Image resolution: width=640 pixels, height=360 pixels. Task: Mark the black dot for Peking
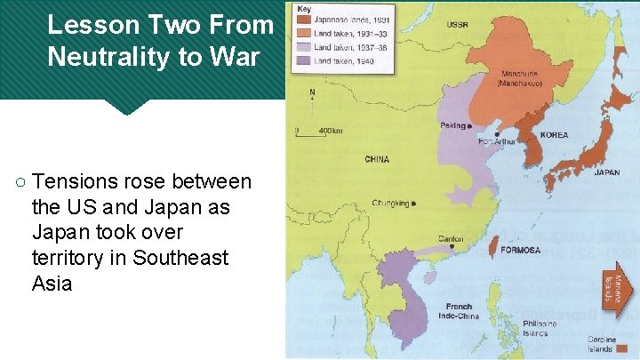(x=471, y=127)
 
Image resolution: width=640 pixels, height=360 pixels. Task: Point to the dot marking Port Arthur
(x=497, y=135)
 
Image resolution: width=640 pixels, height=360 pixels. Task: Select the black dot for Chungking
(x=414, y=204)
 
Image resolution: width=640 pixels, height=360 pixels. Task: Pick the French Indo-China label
(x=460, y=311)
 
